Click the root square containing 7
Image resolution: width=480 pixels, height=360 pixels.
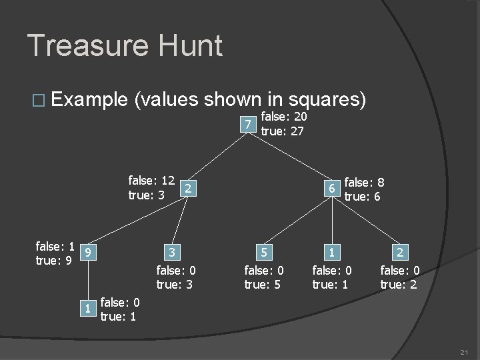(x=247, y=124)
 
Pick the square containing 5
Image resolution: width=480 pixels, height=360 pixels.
(x=264, y=252)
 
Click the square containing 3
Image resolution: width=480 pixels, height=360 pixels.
(x=172, y=252)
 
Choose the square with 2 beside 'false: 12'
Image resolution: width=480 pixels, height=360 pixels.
(x=189, y=189)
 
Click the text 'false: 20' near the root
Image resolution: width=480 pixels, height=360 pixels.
(x=283, y=117)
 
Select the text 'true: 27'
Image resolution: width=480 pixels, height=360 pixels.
(x=282, y=131)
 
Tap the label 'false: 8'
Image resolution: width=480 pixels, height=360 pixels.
(x=365, y=182)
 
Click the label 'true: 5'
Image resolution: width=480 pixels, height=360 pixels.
(x=264, y=284)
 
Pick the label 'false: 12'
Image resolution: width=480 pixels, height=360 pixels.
(x=151, y=180)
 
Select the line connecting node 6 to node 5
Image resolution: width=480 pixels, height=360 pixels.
(x=296, y=221)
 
